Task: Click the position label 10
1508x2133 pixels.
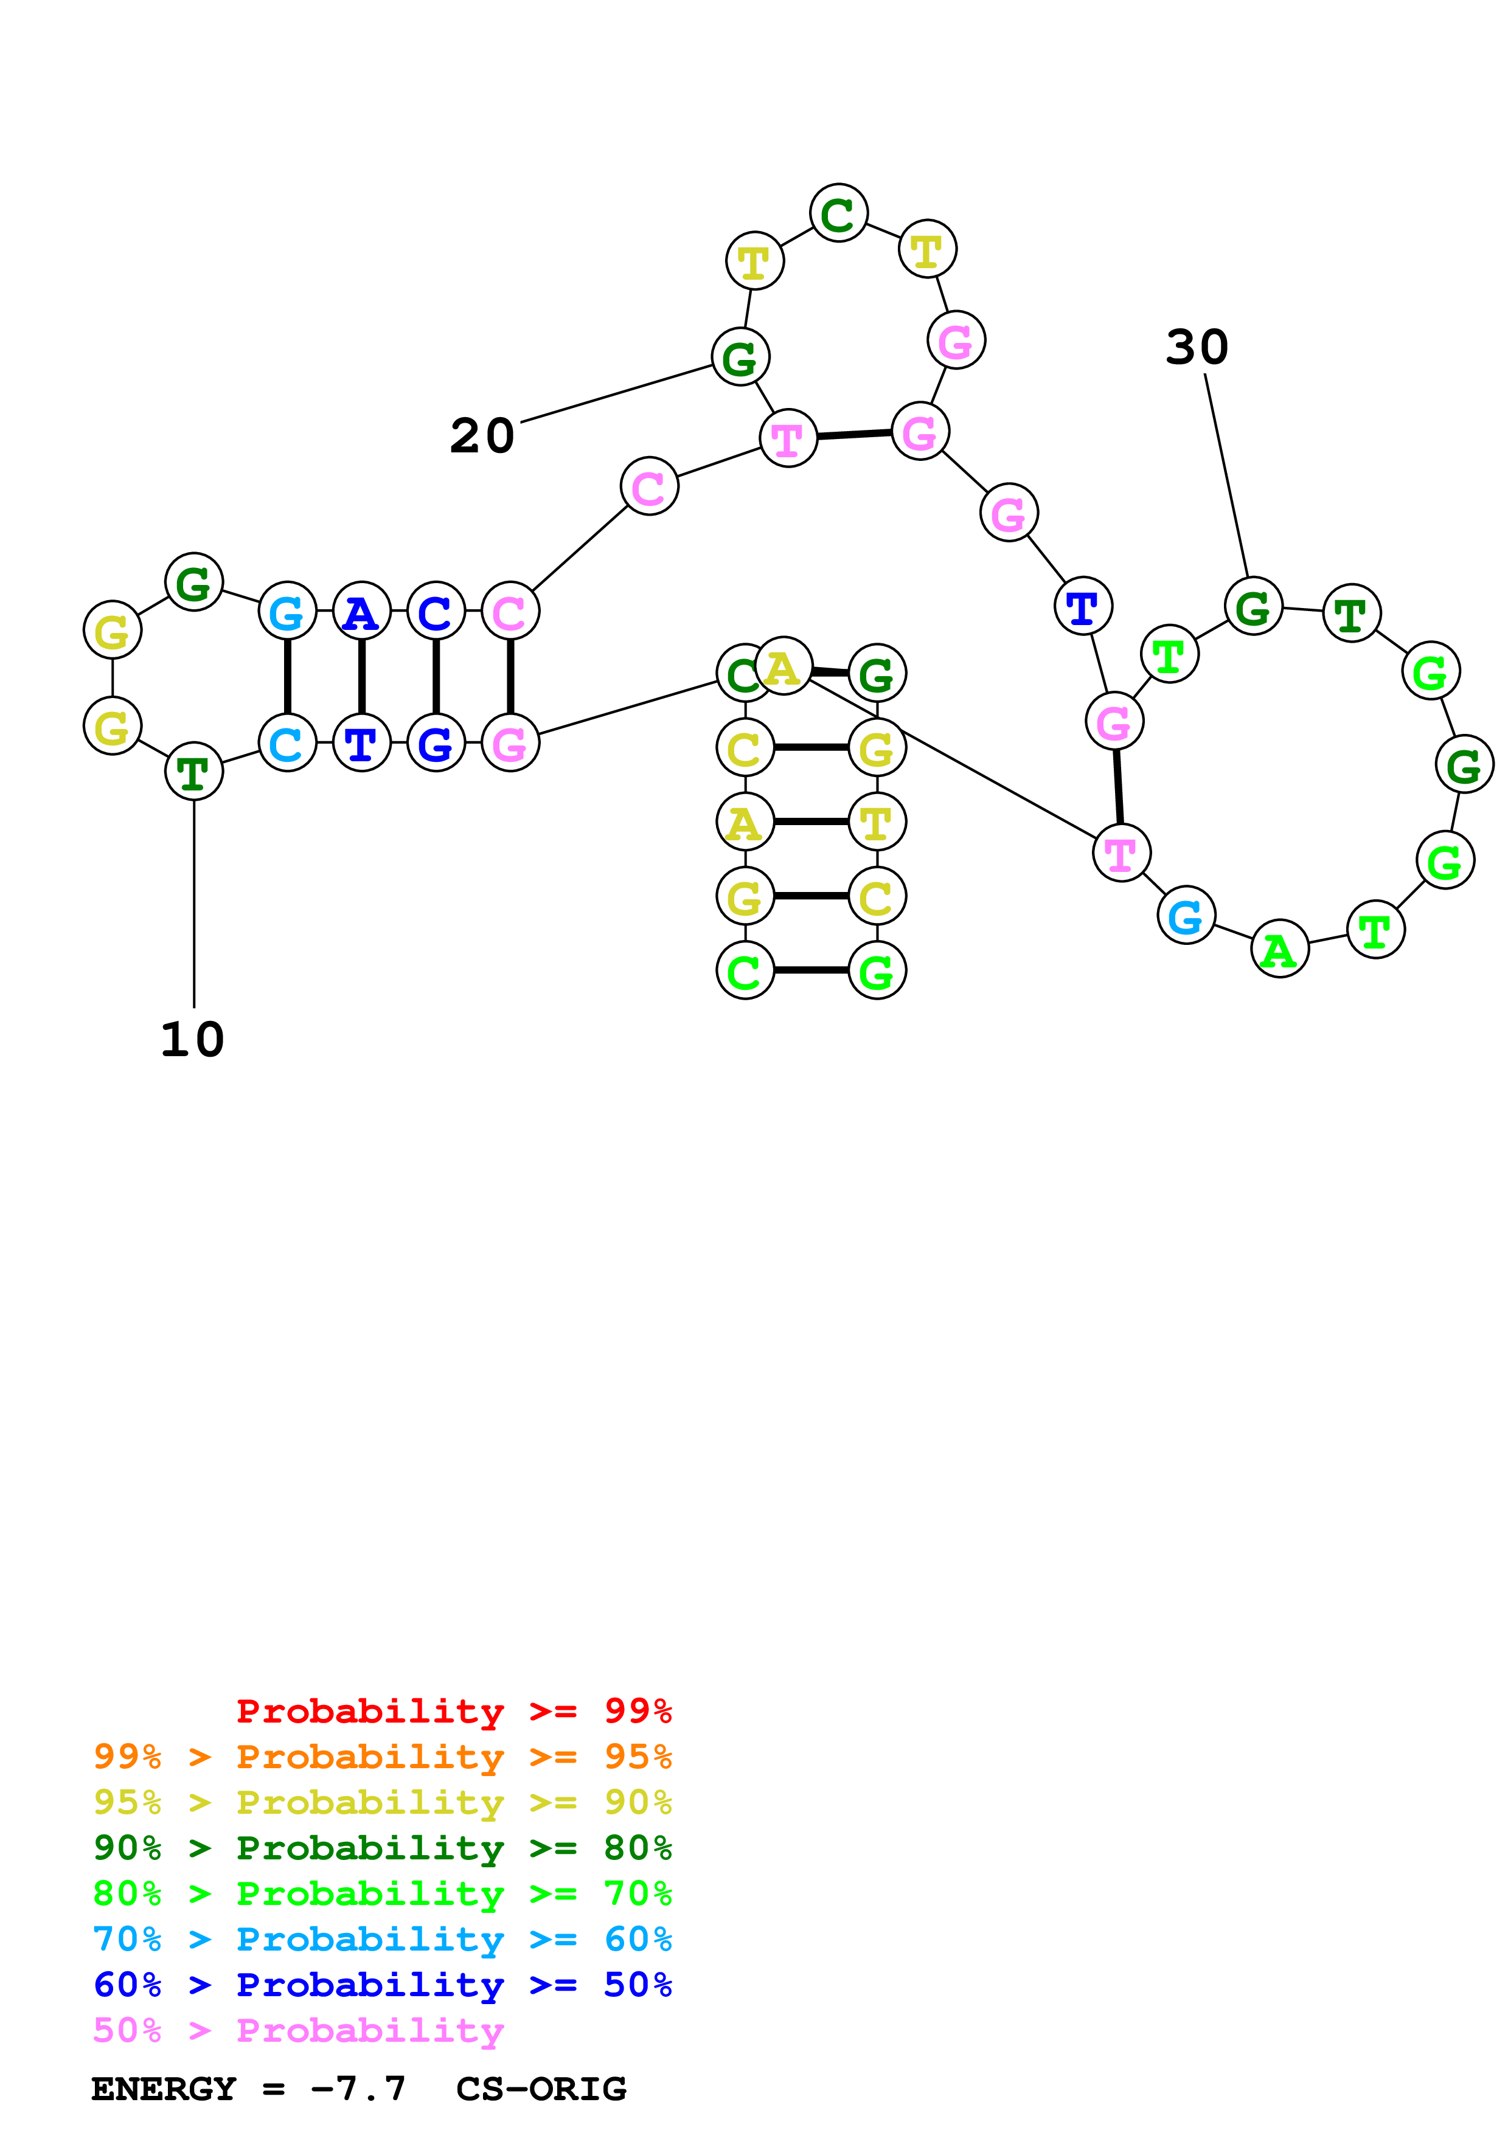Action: click(192, 1040)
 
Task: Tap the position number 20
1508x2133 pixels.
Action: click(482, 436)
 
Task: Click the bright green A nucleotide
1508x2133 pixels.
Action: click(1279, 949)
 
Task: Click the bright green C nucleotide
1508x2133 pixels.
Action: click(745, 971)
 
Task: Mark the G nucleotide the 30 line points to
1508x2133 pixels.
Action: click(1253, 607)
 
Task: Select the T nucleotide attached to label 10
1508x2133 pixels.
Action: click(193, 771)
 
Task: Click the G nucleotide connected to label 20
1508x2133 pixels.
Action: click(740, 357)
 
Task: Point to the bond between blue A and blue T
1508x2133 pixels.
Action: click(361, 677)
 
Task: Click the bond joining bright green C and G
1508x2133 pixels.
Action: click(811, 971)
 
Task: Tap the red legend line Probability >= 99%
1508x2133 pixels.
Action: click(453, 1711)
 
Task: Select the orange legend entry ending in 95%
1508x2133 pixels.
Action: click(383, 1757)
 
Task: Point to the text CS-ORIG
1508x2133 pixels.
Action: click(541, 2089)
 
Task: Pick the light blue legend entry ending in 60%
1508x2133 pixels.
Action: click(383, 1939)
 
